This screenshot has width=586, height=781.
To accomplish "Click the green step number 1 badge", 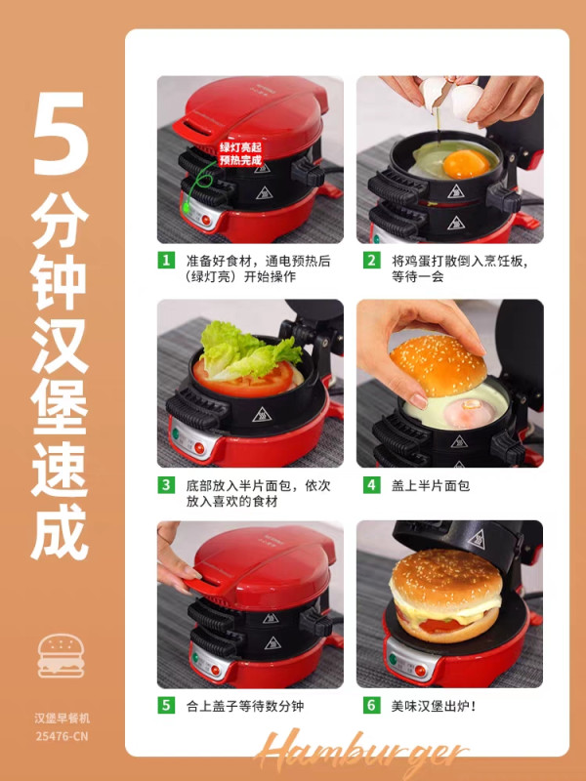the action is coord(166,261).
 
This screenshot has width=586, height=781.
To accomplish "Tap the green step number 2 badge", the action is coord(371,261).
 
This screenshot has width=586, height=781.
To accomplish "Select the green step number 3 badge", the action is coord(166,484).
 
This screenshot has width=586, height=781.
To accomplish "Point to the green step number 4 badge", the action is coord(371,484).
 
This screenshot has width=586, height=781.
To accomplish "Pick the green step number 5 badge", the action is coord(166,705).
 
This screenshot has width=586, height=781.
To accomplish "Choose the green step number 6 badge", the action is coord(371,705).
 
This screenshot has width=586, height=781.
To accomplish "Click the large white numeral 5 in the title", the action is coord(61,134).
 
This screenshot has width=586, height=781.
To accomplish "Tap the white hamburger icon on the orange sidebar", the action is coord(61,655).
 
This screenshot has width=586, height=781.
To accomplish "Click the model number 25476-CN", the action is coord(62,736).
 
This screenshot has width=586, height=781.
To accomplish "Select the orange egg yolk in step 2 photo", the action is coord(467,164).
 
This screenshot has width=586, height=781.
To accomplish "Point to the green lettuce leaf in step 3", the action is coord(248,350).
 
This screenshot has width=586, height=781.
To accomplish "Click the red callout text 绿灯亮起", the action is coord(240,148).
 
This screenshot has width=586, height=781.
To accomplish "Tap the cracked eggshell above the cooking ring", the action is coord(452,96).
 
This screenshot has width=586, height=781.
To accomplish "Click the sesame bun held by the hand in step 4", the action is coord(439,365).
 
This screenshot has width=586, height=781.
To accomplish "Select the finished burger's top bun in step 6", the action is coord(445,578).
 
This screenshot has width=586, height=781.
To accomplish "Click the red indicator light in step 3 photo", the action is coord(199,448).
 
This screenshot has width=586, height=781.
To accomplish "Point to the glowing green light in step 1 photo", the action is coord(187,208).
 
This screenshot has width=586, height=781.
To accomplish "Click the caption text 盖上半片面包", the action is coord(431,485).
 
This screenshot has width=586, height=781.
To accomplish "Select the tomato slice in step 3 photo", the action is coord(244,380).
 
